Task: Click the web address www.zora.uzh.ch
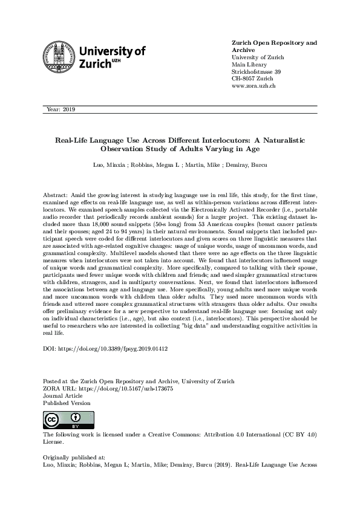click(254, 86)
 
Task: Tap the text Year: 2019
click(60, 109)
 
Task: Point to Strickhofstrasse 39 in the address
click(256, 72)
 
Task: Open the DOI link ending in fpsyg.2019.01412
click(113, 349)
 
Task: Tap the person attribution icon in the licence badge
click(74, 418)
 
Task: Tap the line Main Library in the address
click(249, 65)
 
